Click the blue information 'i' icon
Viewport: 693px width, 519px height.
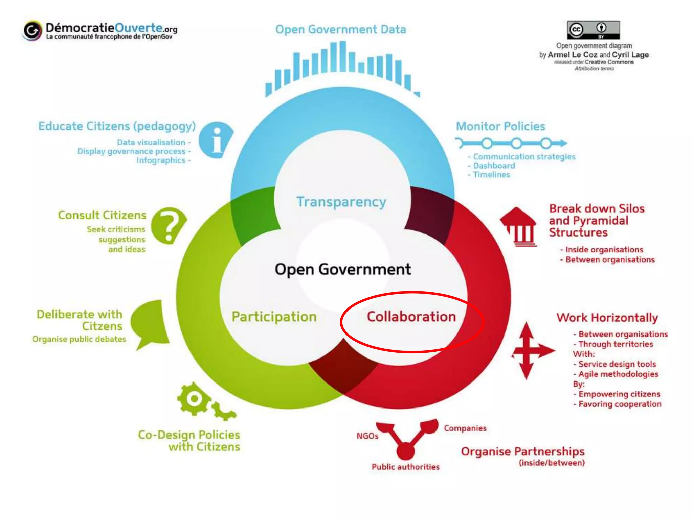pyautogui.click(x=216, y=140)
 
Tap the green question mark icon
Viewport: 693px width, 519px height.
pyautogui.click(x=168, y=225)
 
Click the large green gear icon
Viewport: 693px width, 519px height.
pyautogui.click(x=194, y=399)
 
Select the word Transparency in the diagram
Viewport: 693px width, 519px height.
pyautogui.click(x=341, y=202)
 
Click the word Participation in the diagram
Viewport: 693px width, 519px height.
pyautogui.click(x=274, y=317)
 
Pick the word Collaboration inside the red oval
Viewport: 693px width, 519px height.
pyautogui.click(x=411, y=317)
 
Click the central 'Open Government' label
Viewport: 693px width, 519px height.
pyautogui.click(x=342, y=270)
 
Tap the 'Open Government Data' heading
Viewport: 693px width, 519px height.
pyautogui.click(x=340, y=30)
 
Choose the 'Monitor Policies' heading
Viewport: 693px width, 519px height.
pyautogui.click(x=500, y=126)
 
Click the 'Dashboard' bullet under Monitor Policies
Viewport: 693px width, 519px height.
pyautogui.click(x=494, y=166)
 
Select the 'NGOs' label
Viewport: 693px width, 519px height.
pyautogui.click(x=367, y=436)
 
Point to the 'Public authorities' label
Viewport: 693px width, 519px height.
pyautogui.click(x=405, y=467)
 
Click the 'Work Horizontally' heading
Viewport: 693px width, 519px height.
pyautogui.click(x=607, y=318)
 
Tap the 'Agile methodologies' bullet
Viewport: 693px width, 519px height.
pyautogui.click(x=618, y=374)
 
